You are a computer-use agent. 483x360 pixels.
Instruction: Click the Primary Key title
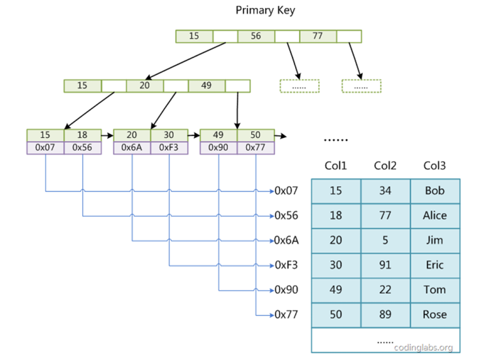click(265, 10)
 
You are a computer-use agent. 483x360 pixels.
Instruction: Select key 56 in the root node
click(256, 36)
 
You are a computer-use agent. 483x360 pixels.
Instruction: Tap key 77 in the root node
click(317, 36)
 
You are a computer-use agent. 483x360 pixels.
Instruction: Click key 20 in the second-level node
click(144, 86)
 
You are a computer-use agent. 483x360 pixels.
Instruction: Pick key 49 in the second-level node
click(206, 86)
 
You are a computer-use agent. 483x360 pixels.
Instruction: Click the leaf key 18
click(82, 135)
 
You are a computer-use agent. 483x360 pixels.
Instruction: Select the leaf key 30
click(169, 135)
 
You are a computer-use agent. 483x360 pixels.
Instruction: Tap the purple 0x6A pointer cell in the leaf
click(132, 148)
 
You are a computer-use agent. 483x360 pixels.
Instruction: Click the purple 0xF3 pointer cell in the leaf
click(169, 148)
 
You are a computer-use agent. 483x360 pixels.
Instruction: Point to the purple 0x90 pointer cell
click(218, 148)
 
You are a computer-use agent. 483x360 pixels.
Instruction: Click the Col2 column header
click(385, 166)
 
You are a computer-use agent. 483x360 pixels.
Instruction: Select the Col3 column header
click(435, 166)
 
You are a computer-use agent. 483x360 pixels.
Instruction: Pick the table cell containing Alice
click(435, 216)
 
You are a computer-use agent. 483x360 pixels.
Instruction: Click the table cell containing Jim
click(435, 240)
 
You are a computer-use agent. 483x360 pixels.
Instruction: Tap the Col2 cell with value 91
click(385, 265)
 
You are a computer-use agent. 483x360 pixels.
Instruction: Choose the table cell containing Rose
click(435, 315)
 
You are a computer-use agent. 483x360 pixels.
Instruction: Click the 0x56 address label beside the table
click(287, 216)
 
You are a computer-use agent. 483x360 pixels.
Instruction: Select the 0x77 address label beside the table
click(287, 315)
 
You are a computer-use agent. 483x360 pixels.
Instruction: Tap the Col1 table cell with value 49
click(335, 290)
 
